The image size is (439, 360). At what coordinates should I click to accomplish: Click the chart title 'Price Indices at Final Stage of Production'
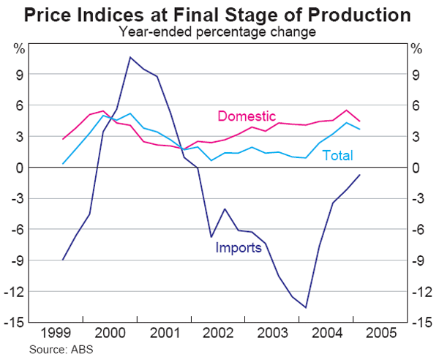pos(219,14)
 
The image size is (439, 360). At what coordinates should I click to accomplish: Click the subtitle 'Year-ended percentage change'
pos(219,31)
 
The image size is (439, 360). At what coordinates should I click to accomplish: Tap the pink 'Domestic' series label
pos(247,116)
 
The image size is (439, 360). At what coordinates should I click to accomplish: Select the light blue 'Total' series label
pos(337,155)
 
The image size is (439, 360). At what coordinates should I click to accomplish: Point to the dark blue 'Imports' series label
pos(238,248)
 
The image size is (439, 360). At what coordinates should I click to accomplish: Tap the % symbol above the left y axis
pos(20,50)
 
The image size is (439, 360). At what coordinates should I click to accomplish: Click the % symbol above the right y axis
pos(416,50)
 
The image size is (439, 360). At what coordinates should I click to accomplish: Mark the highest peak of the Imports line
pos(130,57)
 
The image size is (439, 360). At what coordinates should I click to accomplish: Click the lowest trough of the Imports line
pos(306,307)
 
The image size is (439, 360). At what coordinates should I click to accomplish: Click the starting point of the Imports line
pos(63,260)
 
